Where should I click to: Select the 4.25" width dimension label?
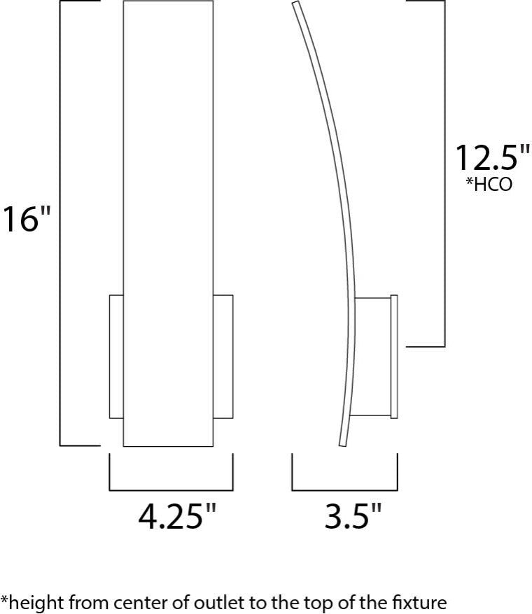point(177,518)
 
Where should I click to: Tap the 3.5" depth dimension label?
point(353,518)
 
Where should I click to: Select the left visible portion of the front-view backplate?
point(116,357)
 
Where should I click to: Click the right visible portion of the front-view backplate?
point(223,357)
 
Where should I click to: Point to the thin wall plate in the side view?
point(394,357)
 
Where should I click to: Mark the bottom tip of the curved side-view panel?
point(342,443)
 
